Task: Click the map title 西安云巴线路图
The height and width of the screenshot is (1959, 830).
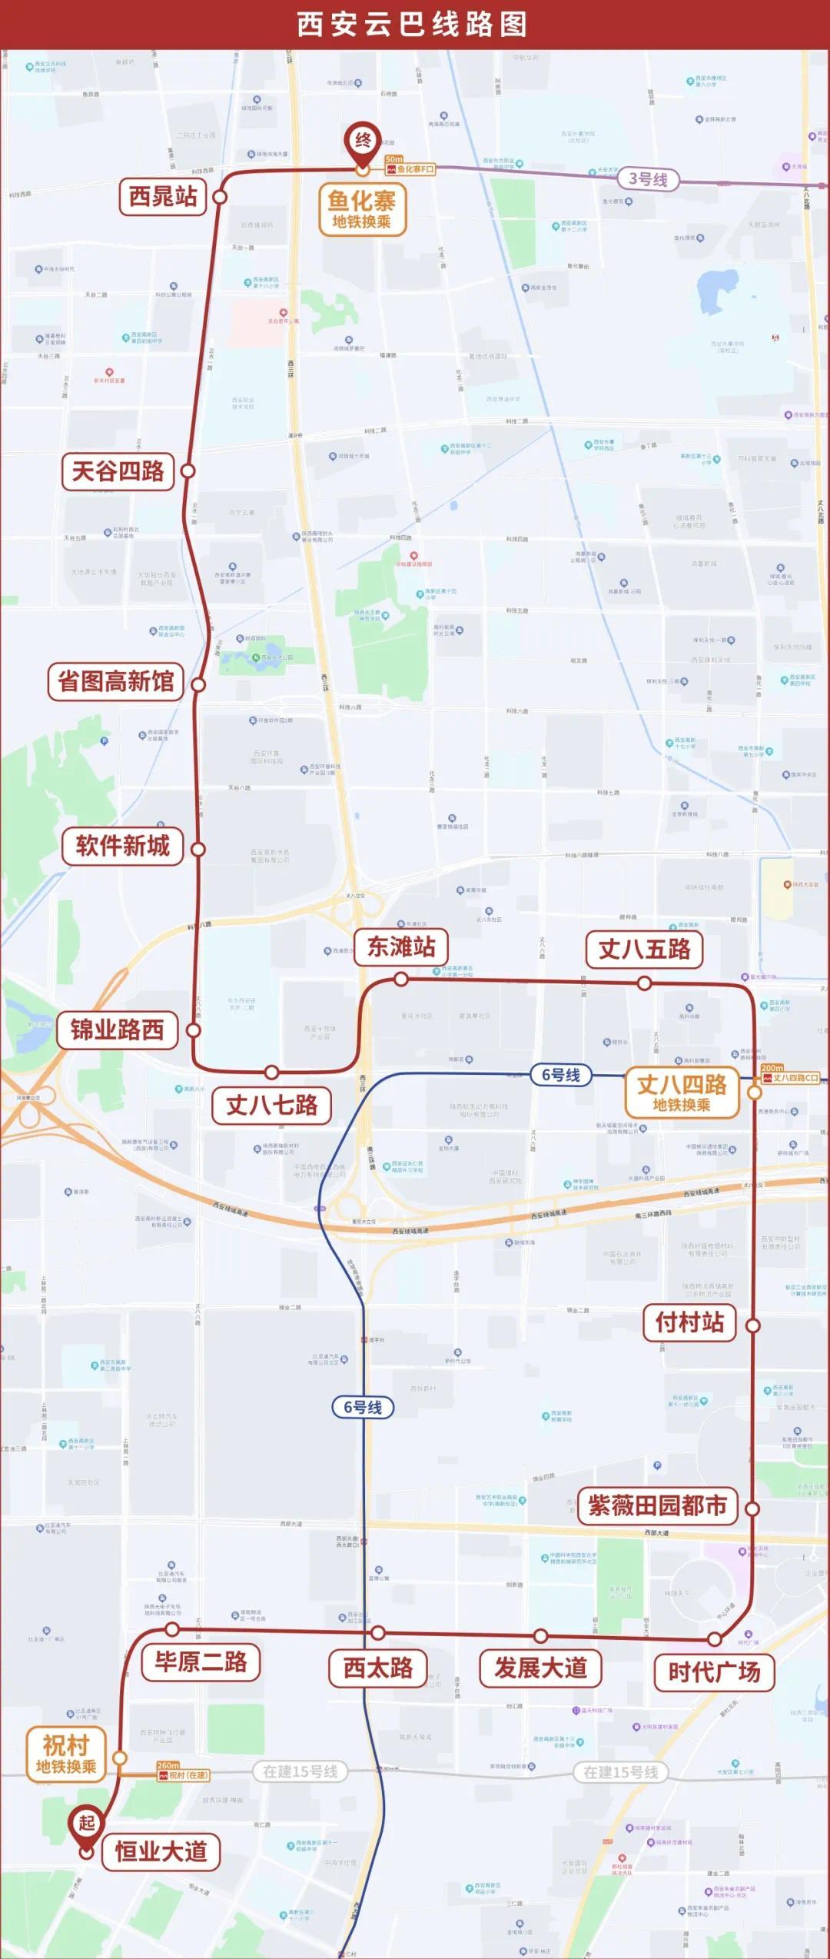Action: pos(413,25)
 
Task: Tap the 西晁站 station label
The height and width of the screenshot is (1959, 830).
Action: pos(163,197)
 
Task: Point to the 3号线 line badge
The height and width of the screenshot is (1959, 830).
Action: pos(648,180)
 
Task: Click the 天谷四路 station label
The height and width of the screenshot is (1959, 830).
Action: pos(118,471)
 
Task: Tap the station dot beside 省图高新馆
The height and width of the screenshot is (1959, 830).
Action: pos(198,684)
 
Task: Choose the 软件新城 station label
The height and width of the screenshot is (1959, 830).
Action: pos(123,846)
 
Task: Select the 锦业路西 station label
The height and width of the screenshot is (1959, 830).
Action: pos(118,1029)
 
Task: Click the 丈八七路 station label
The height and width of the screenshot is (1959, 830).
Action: pos(272,1106)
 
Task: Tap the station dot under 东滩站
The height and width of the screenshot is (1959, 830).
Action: pos(401,979)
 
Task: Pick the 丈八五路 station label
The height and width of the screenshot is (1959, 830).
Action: pos(645,950)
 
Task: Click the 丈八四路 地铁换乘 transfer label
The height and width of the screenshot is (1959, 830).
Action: pos(682,1093)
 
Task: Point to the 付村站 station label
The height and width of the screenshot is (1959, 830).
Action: pos(689,1322)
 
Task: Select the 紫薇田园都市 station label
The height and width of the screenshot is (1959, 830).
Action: pos(658,1505)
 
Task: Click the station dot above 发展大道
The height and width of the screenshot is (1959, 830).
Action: pos(541,1636)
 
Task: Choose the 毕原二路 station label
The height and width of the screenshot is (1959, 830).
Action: pos(201,1662)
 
